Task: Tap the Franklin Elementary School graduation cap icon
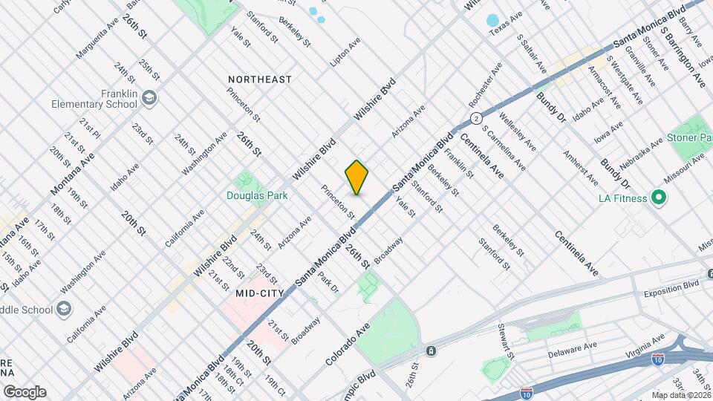coord(150,98)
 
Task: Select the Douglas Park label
coord(257,195)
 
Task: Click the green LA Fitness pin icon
coord(657,198)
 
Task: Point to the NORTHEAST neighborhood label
coord(260,79)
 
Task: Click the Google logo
coord(25,392)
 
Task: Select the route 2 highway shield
coord(476,118)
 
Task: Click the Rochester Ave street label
coord(486,83)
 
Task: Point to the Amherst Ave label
coord(581,169)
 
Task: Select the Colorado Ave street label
coord(348,343)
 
